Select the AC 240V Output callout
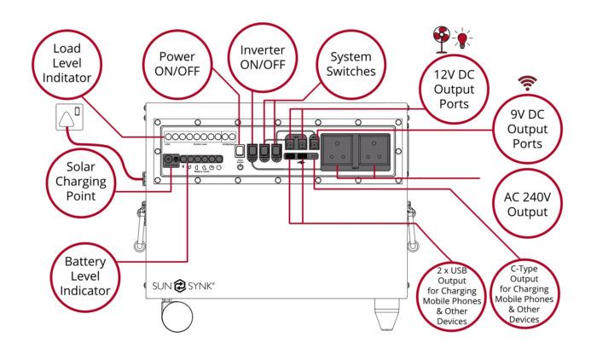520,200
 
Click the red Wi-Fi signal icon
528,83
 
